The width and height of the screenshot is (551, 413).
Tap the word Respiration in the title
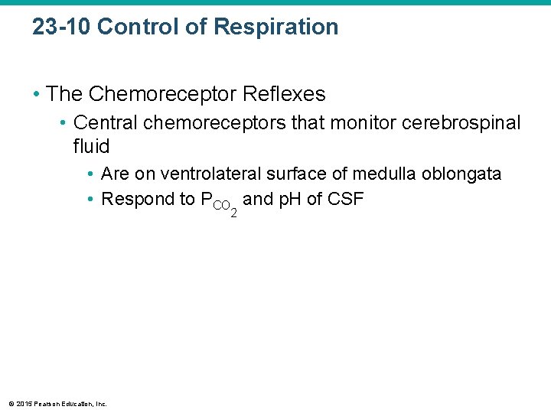click(275, 28)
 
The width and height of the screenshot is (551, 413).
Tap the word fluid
click(92, 146)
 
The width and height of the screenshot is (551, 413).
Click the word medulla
click(381, 174)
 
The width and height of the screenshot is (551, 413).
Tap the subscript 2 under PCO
click(233, 212)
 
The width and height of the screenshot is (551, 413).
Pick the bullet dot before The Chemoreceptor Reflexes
click(36, 95)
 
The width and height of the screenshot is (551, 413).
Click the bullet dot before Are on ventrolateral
click(90, 175)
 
